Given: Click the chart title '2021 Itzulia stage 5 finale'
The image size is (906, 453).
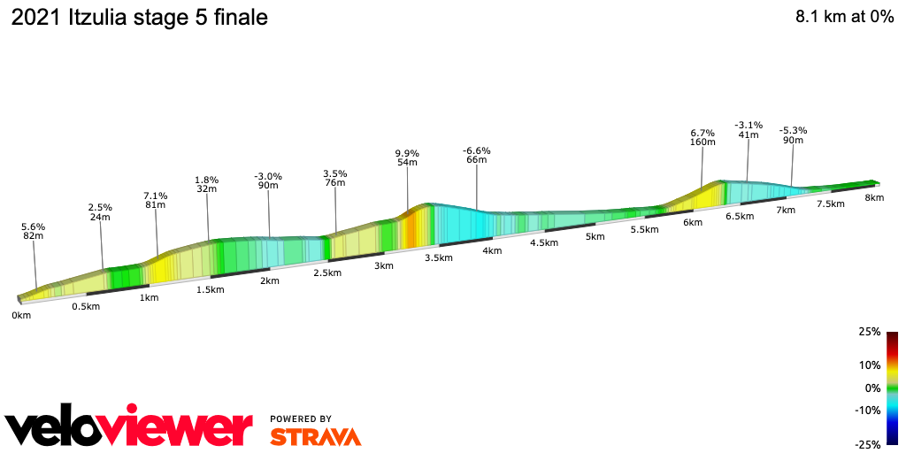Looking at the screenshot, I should pos(139,18).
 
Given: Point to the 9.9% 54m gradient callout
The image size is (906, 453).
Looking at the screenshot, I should pos(407,158).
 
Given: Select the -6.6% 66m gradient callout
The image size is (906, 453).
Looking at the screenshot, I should pos(476,155).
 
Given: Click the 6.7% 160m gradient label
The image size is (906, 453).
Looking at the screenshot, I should pos(703,136).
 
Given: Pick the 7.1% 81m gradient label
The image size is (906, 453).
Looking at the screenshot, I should pos(156,200).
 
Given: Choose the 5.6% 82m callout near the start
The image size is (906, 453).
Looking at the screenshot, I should pos(34,231).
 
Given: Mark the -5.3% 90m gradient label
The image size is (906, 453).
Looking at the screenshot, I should pos(793,134).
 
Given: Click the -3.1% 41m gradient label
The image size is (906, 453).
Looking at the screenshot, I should pos(748,129).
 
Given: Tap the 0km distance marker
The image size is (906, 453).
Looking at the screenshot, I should pos(21,315).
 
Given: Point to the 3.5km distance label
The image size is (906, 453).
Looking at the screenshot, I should pos(438,257).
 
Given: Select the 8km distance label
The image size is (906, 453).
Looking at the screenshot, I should pos(874,197).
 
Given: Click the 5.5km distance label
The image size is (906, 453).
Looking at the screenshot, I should pos(644,229).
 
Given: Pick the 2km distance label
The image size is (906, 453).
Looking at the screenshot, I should pos(269,280).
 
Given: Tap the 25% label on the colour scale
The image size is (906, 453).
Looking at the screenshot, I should pos(870,332).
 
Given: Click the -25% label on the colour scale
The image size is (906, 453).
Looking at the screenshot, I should pos(868,444).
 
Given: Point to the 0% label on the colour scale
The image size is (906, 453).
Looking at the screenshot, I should pos(872,388).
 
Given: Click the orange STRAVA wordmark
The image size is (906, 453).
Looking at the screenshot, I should pos(315,436).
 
